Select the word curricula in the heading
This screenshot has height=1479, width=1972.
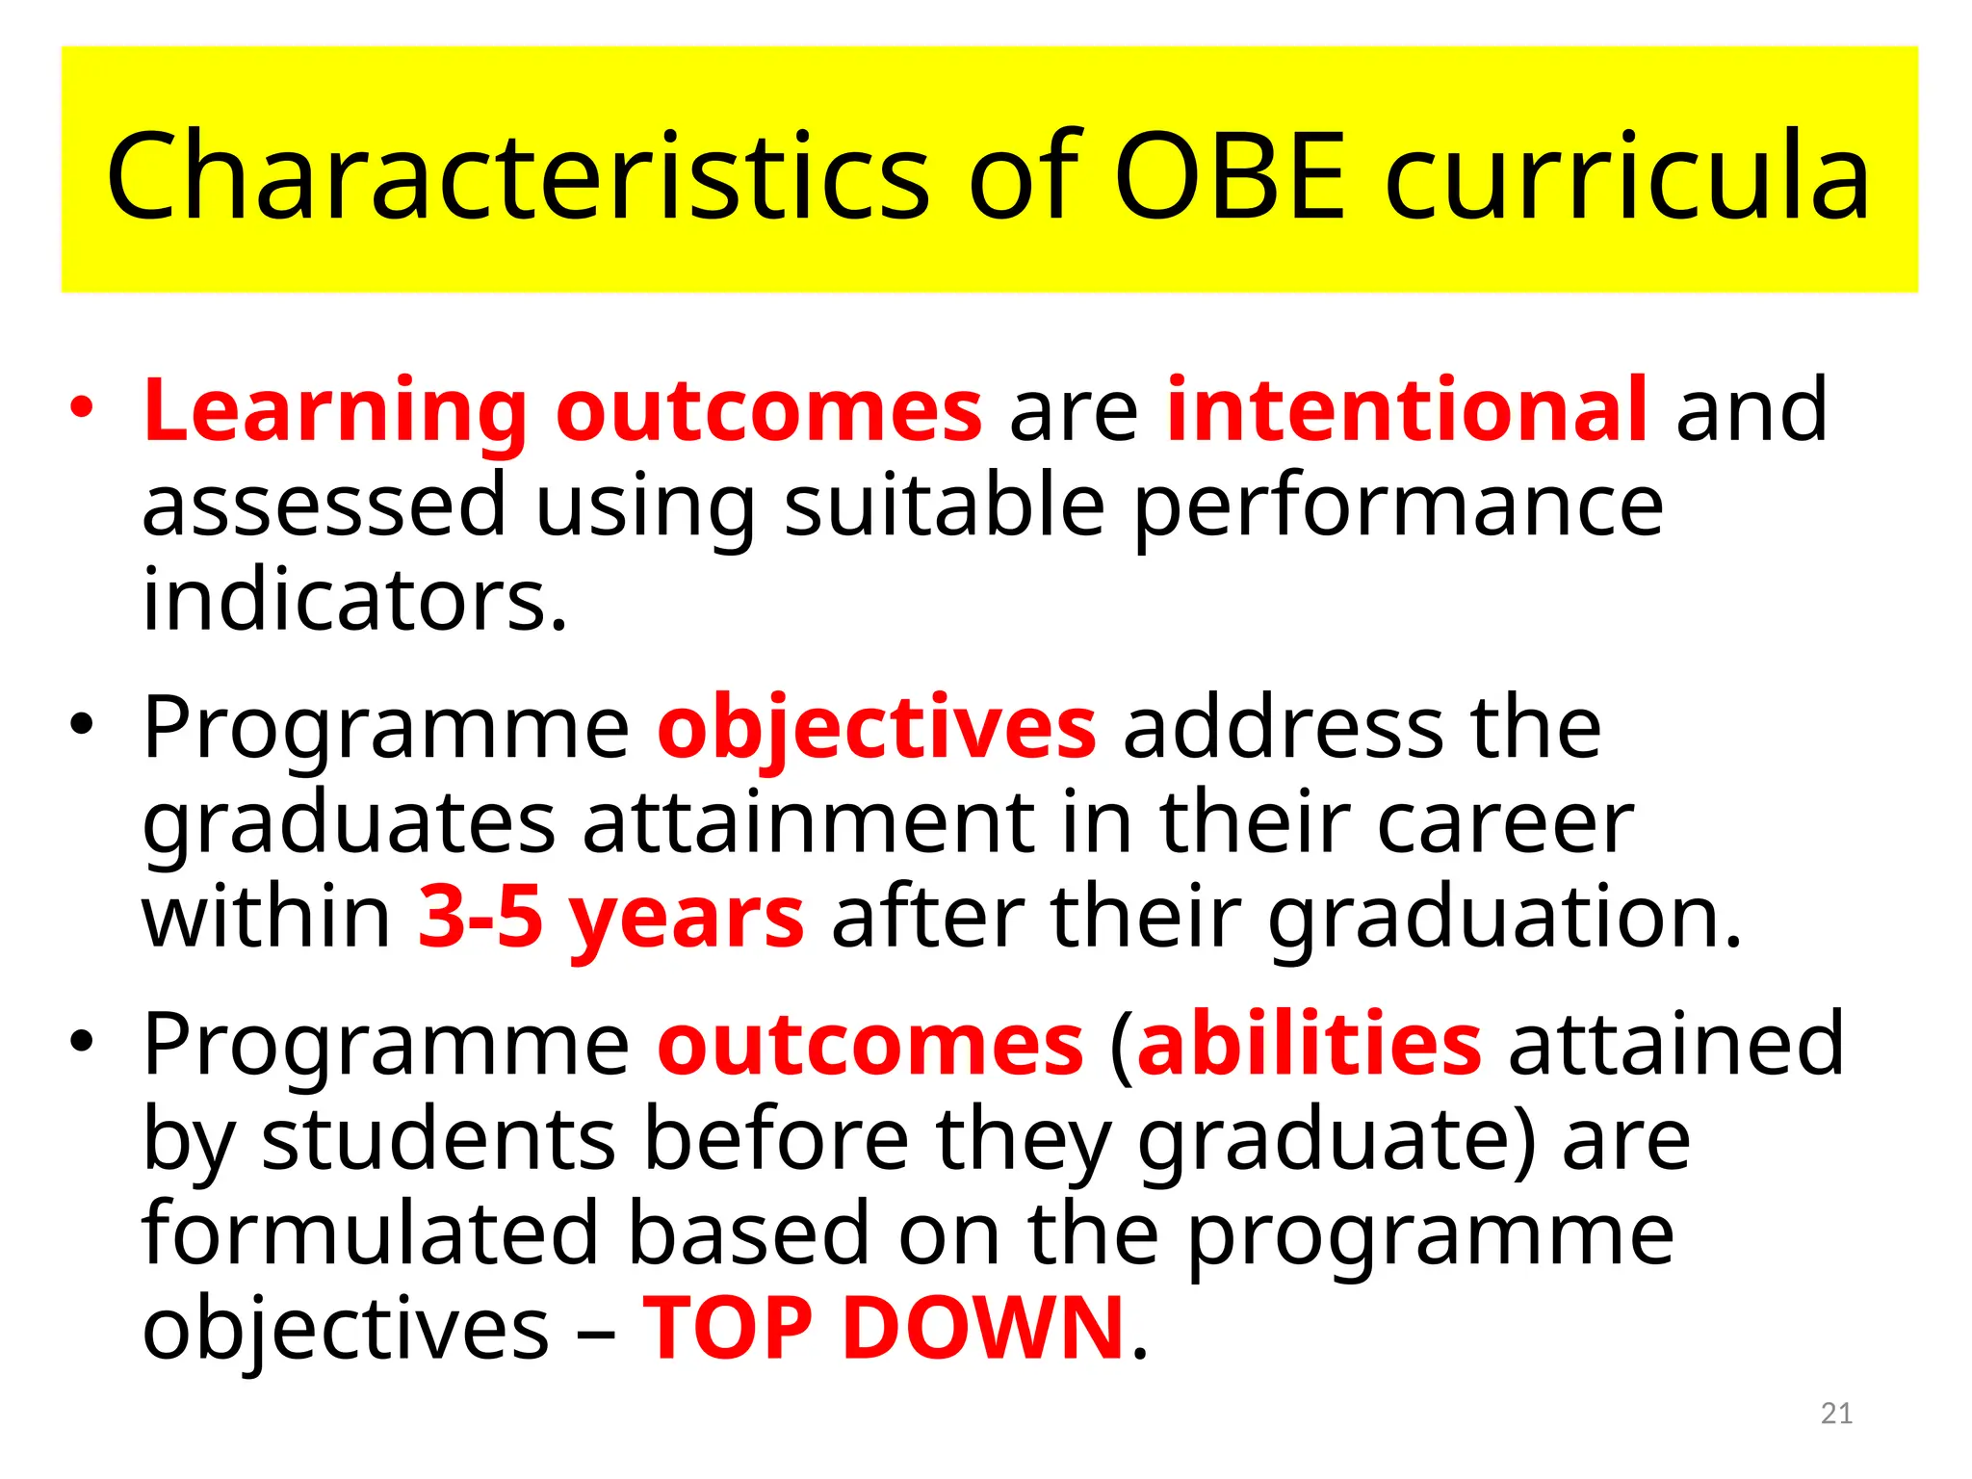[x=1627, y=176]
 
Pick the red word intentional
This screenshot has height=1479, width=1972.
[x=1407, y=410]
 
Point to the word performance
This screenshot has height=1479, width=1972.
[x=1398, y=507]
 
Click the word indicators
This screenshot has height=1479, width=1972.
[x=354, y=600]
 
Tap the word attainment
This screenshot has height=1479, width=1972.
[x=809, y=822]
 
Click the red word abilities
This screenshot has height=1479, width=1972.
[x=1310, y=1044]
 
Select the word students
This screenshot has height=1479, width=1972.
[x=438, y=1139]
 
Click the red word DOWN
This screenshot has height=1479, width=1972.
[x=983, y=1328]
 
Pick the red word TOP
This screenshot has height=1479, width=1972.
[x=728, y=1328]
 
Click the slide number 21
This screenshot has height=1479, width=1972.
[x=1836, y=1414]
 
